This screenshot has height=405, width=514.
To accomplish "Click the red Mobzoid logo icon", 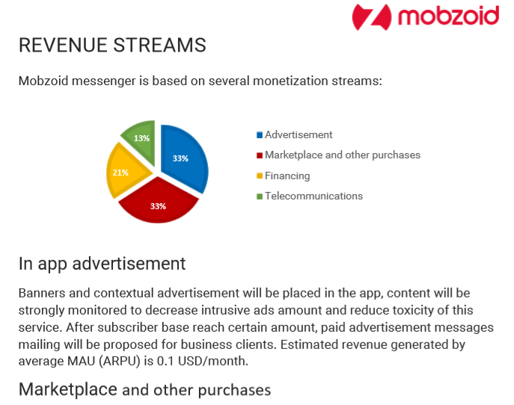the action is (371, 17).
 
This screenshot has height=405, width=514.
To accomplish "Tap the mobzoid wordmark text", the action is (448, 16).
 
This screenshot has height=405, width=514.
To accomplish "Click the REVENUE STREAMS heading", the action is (112, 45).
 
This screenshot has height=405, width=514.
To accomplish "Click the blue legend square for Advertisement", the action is (260, 135).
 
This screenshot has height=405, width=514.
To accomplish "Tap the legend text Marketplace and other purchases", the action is (343, 155).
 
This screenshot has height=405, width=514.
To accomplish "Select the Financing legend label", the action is (287, 176).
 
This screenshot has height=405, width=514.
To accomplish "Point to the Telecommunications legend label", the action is (313, 196).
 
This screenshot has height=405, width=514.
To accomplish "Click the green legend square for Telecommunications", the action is (260, 197).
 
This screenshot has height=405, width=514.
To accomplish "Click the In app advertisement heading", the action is (102, 264).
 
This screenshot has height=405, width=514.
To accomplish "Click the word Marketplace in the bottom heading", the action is (68, 389).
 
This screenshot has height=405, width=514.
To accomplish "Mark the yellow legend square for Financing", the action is (260, 176).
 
